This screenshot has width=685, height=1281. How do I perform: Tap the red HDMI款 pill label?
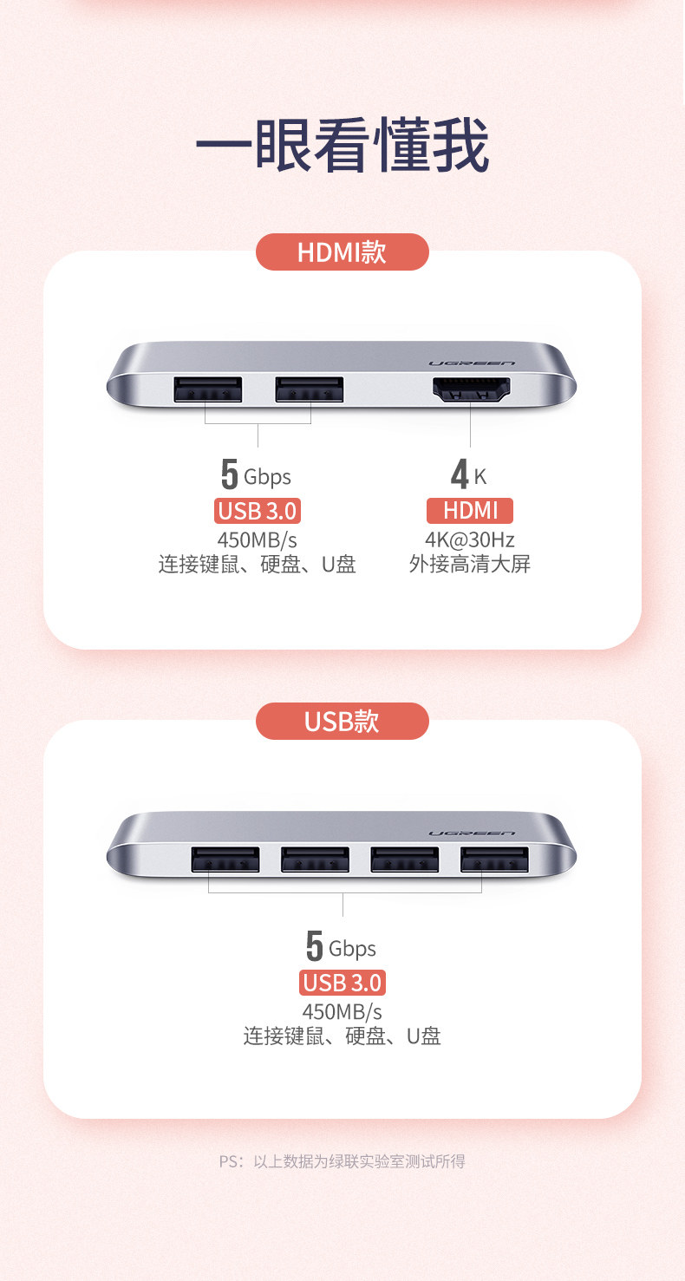pos(342,252)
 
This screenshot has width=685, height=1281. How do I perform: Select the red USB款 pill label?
pos(342,721)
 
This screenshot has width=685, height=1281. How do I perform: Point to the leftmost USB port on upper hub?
pos(208,390)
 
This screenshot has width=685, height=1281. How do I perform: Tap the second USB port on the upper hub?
pos(310,390)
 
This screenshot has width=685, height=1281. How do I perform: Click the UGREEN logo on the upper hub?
pos(472,363)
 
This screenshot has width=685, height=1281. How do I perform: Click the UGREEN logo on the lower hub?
pos(472,833)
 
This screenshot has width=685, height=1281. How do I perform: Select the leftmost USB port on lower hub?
pos(225,859)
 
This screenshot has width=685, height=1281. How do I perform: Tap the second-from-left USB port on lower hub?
pos(315,859)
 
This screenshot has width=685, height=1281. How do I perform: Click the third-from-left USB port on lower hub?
pos(404,859)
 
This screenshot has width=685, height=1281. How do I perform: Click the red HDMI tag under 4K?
pos(470,511)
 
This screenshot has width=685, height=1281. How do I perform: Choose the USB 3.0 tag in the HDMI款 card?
pos(258,511)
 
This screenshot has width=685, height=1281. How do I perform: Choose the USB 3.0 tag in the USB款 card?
pos(342,983)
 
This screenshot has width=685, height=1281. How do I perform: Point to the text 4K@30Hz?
pos(470,539)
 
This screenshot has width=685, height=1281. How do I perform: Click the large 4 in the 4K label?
pos(460,475)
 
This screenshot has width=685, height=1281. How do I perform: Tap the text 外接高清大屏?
pos(470,565)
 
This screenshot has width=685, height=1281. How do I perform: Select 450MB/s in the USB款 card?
pos(342,1011)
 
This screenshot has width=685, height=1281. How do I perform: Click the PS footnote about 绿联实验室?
pos(342,1161)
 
